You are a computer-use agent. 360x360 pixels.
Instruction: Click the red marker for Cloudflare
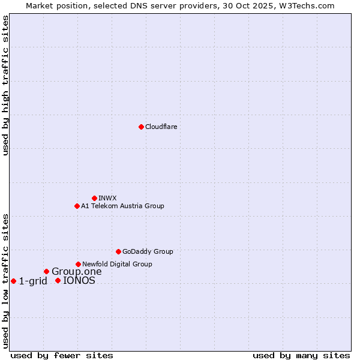(141, 127)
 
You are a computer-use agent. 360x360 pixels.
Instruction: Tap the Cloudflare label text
(161, 127)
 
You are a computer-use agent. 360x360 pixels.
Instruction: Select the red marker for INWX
(94, 198)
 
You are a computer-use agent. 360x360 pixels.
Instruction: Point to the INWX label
(108, 199)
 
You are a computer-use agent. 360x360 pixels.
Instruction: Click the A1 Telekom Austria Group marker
(77, 206)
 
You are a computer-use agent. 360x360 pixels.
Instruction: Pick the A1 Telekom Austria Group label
(122, 206)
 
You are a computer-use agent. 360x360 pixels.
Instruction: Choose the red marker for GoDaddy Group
(118, 251)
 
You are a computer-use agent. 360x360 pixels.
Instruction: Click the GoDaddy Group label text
(148, 252)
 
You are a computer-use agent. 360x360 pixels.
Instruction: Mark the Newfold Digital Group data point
(78, 264)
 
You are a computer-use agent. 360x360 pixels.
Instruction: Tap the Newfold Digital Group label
(117, 265)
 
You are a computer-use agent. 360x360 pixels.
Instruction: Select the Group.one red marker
(46, 271)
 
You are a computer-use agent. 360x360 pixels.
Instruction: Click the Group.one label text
(77, 272)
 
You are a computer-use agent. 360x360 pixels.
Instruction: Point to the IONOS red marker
(58, 280)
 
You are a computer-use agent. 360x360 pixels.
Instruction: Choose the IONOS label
(79, 281)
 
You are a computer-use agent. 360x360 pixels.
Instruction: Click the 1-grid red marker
(13, 281)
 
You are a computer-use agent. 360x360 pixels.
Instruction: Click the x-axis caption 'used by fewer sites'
(62, 355)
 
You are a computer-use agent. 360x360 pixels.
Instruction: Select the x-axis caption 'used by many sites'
(301, 355)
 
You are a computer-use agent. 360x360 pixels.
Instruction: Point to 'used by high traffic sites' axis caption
(6, 85)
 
